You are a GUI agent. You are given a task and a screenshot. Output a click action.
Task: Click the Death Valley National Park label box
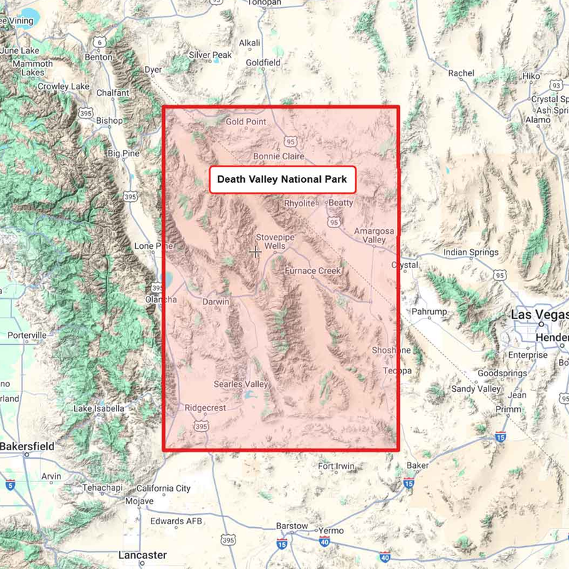[282, 180]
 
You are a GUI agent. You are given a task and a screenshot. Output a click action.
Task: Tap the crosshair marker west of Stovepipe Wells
[255, 251]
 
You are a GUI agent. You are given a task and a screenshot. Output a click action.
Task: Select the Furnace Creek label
[312, 271]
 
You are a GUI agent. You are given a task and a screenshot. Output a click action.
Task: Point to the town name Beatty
[341, 203]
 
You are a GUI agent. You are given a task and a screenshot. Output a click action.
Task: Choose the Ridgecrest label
[205, 408]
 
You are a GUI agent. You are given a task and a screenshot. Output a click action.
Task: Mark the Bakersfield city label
[26, 446]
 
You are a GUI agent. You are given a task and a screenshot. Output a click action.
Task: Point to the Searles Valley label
[242, 384]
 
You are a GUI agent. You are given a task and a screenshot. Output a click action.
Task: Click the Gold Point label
[246, 122]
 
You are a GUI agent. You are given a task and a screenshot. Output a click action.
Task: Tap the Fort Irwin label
[336, 467]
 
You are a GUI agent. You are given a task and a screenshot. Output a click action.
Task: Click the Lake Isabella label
[100, 408]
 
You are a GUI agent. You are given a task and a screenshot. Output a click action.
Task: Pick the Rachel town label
[461, 73]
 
